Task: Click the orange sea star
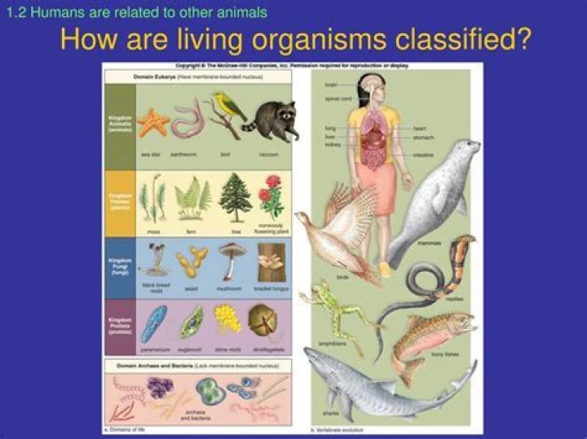pyautogui.click(x=152, y=123)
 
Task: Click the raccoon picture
pyautogui.click(x=273, y=121)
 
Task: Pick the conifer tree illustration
pyautogui.click(x=236, y=195)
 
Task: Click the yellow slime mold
pyautogui.click(x=227, y=318)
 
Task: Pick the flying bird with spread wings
pyautogui.click(x=338, y=224)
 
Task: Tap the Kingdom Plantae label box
pyautogui.click(x=119, y=200)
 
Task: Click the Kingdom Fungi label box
pyautogui.click(x=119, y=266)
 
